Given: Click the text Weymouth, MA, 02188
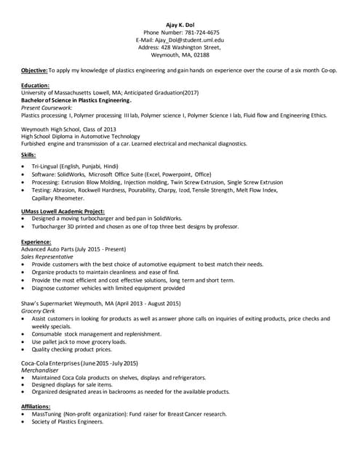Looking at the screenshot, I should pos(180,54).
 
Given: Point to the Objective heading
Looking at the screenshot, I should pos(34,70).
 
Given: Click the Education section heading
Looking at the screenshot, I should pos(36,86).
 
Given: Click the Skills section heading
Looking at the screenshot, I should pos(29,155).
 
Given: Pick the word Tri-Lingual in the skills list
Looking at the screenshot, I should pos(48,167).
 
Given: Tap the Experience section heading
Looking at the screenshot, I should pos(36,241).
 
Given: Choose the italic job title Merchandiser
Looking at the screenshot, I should pos(41,370).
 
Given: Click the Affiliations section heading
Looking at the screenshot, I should pos(36,406).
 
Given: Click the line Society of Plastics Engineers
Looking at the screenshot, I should pos(68,421).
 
